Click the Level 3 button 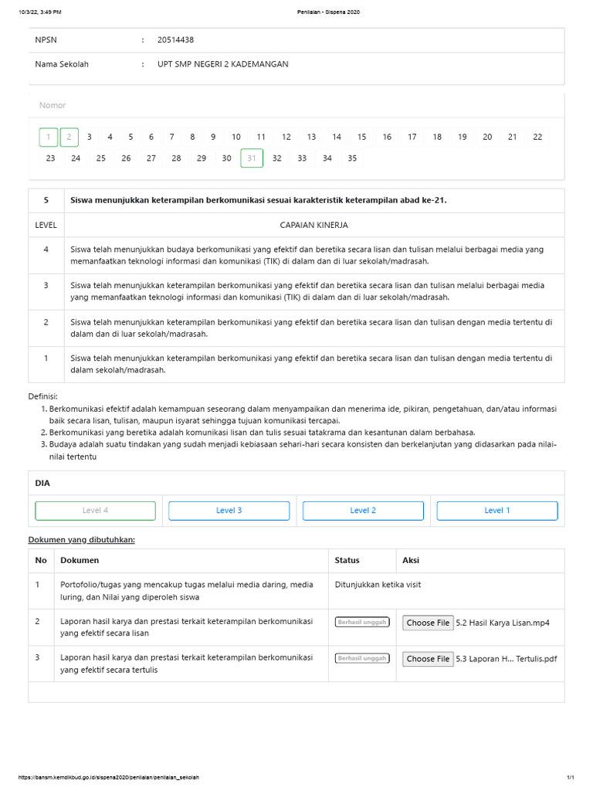click(229, 511)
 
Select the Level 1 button click(496, 511)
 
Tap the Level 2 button click(363, 511)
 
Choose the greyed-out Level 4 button click(95, 511)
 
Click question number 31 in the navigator click(251, 158)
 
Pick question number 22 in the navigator click(537, 137)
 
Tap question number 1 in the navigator click(49, 137)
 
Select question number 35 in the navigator click(352, 158)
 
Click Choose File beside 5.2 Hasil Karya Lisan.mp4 click(428, 623)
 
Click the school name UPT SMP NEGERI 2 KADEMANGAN click(222, 64)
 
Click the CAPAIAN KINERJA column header click(313, 225)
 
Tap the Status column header click(347, 560)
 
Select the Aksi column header click(411, 560)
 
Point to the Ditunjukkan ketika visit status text click(378, 585)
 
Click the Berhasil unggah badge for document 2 click(362, 623)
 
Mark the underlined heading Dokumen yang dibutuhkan click(81, 539)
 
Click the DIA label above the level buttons click(42, 483)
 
